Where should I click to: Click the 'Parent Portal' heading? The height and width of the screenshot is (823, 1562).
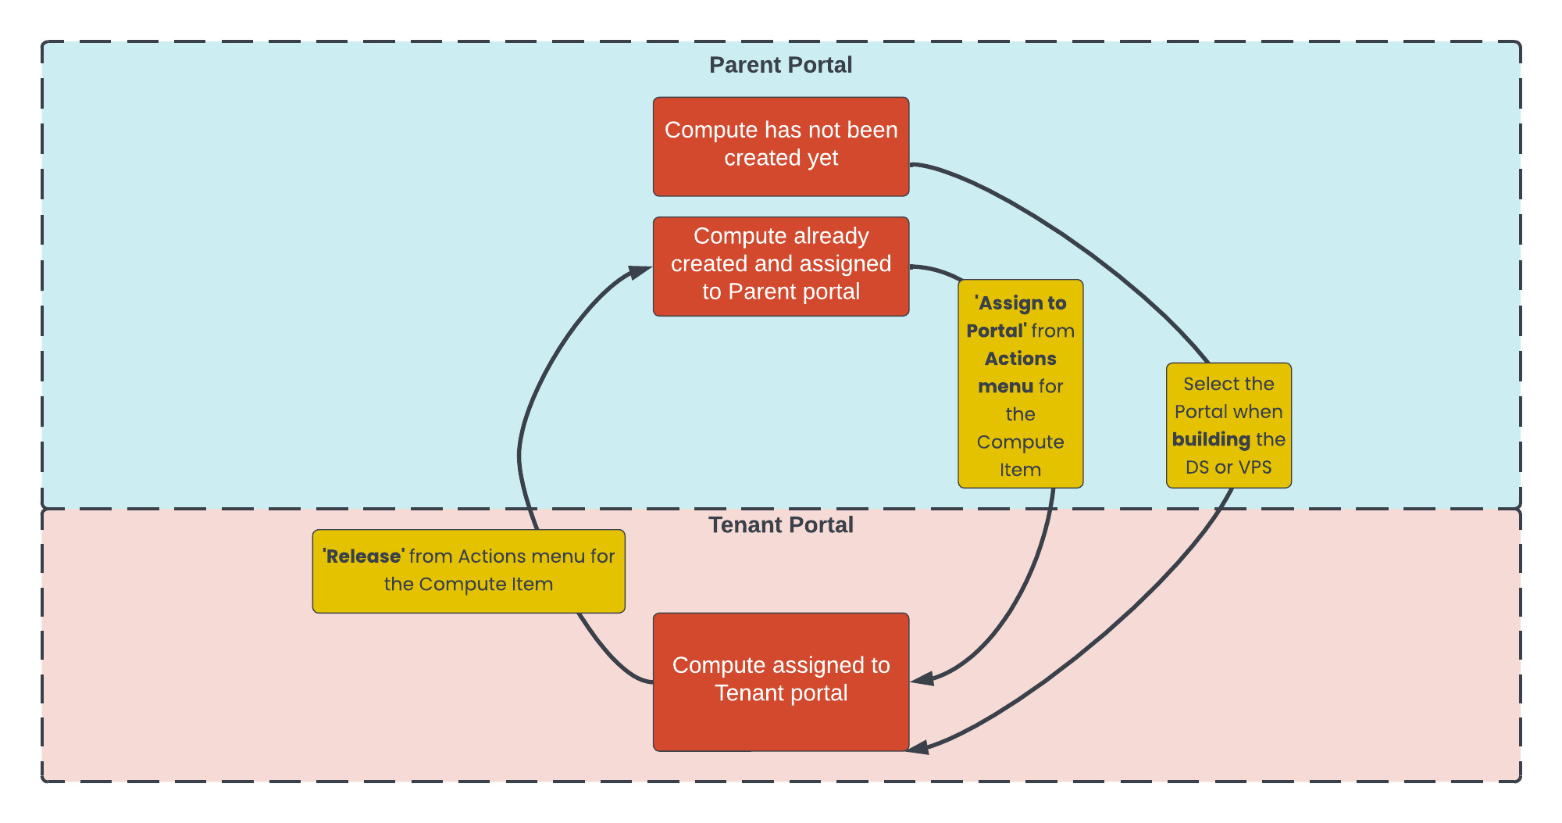coord(780,65)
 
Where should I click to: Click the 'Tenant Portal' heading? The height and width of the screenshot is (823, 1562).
coord(780,524)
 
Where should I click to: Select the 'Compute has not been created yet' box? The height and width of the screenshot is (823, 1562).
coord(780,146)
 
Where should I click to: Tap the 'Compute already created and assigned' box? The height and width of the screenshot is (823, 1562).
coord(780,266)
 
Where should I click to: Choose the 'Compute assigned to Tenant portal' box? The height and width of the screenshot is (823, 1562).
coord(780,681)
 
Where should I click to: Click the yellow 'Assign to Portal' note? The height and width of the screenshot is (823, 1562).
coord(1020,384)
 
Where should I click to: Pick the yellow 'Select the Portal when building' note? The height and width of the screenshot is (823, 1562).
coord(1229,425)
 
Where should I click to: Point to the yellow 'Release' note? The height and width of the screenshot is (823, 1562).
coord(469,571)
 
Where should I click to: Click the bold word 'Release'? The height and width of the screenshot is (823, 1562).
coord(364,556)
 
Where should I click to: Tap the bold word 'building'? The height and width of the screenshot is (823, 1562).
coord(1211,439)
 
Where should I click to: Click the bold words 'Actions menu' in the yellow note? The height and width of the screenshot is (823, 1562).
coord(1019,372)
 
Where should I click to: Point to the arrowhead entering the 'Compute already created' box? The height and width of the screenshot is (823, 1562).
coord(641,271)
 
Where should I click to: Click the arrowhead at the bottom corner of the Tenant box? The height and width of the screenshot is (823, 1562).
coord(918,748)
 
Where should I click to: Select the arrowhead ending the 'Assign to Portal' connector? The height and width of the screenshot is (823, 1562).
coord(922,679)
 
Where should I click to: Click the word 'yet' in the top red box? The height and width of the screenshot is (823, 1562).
coord(822,158)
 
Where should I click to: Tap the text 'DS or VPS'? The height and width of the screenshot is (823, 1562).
coord(1229,467)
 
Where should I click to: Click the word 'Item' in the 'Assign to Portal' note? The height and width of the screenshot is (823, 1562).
coord(1020,470)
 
